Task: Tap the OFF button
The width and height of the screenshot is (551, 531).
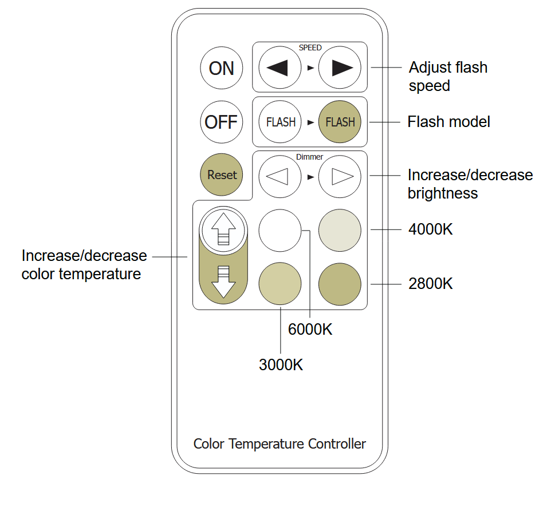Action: point(221,122)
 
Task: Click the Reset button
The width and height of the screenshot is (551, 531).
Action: point(222,175)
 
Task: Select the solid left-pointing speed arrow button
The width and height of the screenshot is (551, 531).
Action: point(280,68)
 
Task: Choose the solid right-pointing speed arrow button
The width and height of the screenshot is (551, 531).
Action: point(340,68)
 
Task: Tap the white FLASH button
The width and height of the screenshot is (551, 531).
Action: point(280,122)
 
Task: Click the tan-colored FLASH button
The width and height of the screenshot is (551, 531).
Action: point(340,122)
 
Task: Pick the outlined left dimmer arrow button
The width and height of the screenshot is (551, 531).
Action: point(280,176)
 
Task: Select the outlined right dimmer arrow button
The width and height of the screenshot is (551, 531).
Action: point(340,176)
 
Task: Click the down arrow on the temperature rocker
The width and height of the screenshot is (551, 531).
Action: point(223,282)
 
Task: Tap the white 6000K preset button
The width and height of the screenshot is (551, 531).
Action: point(280,230)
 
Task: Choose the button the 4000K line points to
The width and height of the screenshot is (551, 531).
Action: point(340,230)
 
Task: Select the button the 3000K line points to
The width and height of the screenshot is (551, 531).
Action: point(280,284)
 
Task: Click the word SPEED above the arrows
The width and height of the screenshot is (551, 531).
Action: point(310,48)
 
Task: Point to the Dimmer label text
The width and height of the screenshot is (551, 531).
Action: point(310,157)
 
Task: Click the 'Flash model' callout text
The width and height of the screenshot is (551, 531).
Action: point(448,122)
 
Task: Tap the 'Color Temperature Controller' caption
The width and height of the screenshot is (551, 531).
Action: point(280,444)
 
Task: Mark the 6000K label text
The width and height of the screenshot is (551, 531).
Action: point(310,330)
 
